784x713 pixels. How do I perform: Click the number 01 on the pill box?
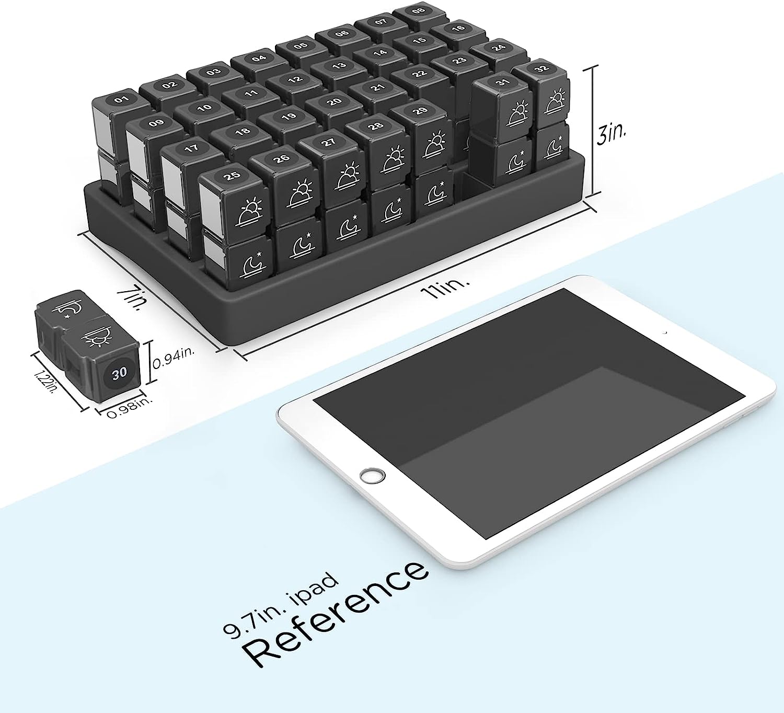pyautogui.click(x=122, y=100)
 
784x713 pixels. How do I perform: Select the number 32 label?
pyautogui.click(x=541, y=69)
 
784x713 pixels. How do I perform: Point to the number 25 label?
pyautogui.click(x=232, y=176)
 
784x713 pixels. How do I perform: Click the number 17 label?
pyautogui.click(x=191, y=148)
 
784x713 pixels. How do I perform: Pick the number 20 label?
pyautogui.click(x=334, y=101)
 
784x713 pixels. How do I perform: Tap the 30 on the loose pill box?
pyautogui.click(x=120, y=372)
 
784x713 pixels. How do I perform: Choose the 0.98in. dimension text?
pyautogui.click(x=130, y=408)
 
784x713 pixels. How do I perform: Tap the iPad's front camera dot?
pyautogui.click(x=664, y=333)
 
